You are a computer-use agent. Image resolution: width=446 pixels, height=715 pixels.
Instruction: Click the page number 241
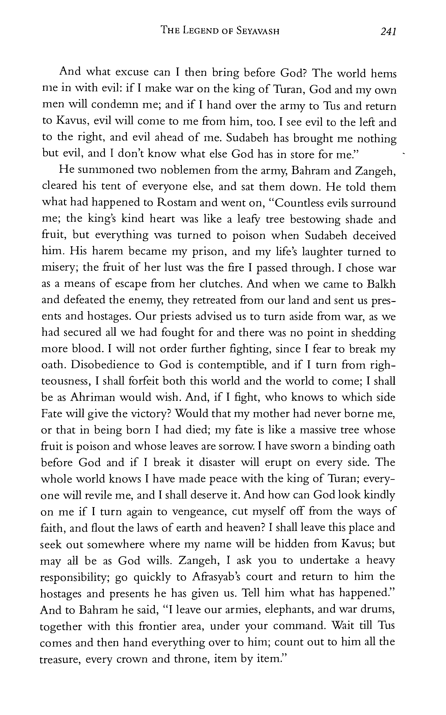click(388, 31)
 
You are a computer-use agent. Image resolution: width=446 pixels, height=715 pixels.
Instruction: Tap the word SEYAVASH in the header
click(258, 31)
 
